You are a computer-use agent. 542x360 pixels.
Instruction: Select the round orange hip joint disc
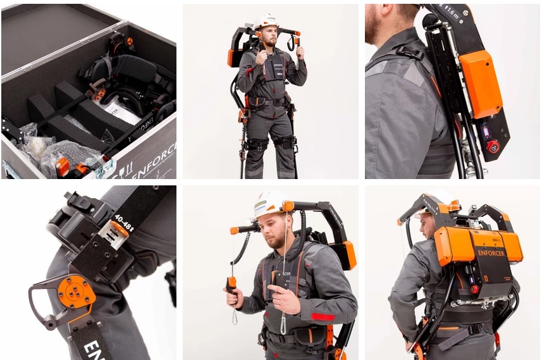point(76,291)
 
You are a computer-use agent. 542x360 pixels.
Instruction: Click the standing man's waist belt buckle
point(265,101)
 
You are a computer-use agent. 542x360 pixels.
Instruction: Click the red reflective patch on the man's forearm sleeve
point(323,316)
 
